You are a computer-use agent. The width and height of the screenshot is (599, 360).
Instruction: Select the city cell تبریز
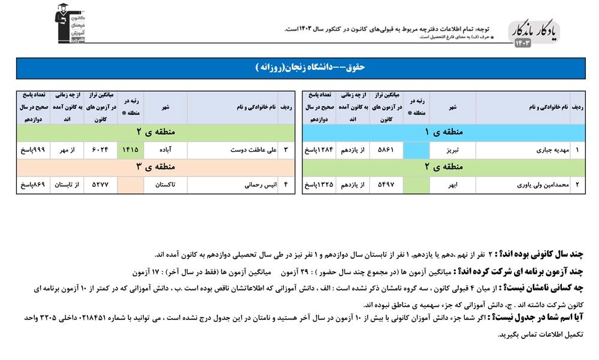tap(453, 150)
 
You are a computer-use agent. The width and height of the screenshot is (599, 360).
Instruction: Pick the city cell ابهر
tap(453, 186)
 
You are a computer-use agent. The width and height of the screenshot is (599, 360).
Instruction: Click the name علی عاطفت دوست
tap(256, 150)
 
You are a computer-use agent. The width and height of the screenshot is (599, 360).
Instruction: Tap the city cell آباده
tap(165, 150)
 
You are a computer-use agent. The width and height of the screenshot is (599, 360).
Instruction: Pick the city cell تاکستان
tap(165, 186)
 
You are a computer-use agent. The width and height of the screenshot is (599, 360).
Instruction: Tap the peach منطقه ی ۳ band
tap(156, 167)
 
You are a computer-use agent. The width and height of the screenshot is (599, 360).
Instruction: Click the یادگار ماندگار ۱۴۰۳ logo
tap(533, 34)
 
